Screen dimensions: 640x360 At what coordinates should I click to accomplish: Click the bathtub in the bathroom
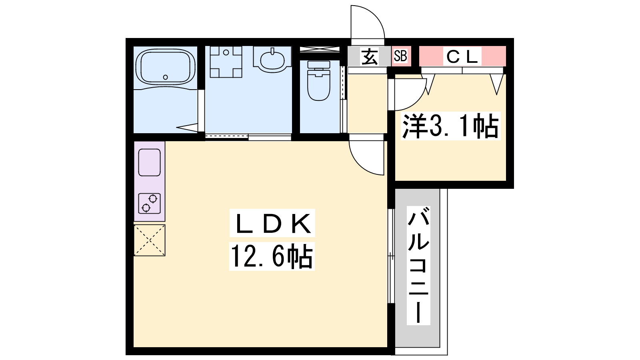(166, 68)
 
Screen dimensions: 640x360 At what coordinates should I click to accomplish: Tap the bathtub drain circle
(166, 77)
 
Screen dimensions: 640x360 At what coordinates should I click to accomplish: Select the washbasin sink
(272, 60)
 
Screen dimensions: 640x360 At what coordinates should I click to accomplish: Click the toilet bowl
(318, 85)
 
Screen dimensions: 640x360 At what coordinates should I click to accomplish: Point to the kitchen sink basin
(150, 162)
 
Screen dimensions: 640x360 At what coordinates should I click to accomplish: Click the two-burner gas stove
(150, 204)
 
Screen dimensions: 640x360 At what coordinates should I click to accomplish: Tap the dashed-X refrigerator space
(150, 240)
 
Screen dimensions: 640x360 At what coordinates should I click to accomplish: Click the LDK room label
(272, 223)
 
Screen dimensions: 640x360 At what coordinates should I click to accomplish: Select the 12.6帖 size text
(272, 256)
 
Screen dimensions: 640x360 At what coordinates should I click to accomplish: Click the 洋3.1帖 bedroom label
(450, 126)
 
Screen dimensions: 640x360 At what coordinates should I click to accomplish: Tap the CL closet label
(462, 56)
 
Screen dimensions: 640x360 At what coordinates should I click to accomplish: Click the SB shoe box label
(400, 56)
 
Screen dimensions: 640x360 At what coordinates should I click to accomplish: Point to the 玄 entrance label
(370, 56)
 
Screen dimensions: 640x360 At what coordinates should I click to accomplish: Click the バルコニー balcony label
(418, 266)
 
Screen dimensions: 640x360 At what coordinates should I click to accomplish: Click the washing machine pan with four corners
(226, 62)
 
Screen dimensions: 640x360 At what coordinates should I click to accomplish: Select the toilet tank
(318, 65)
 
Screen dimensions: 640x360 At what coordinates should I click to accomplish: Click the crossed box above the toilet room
(320, 49)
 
